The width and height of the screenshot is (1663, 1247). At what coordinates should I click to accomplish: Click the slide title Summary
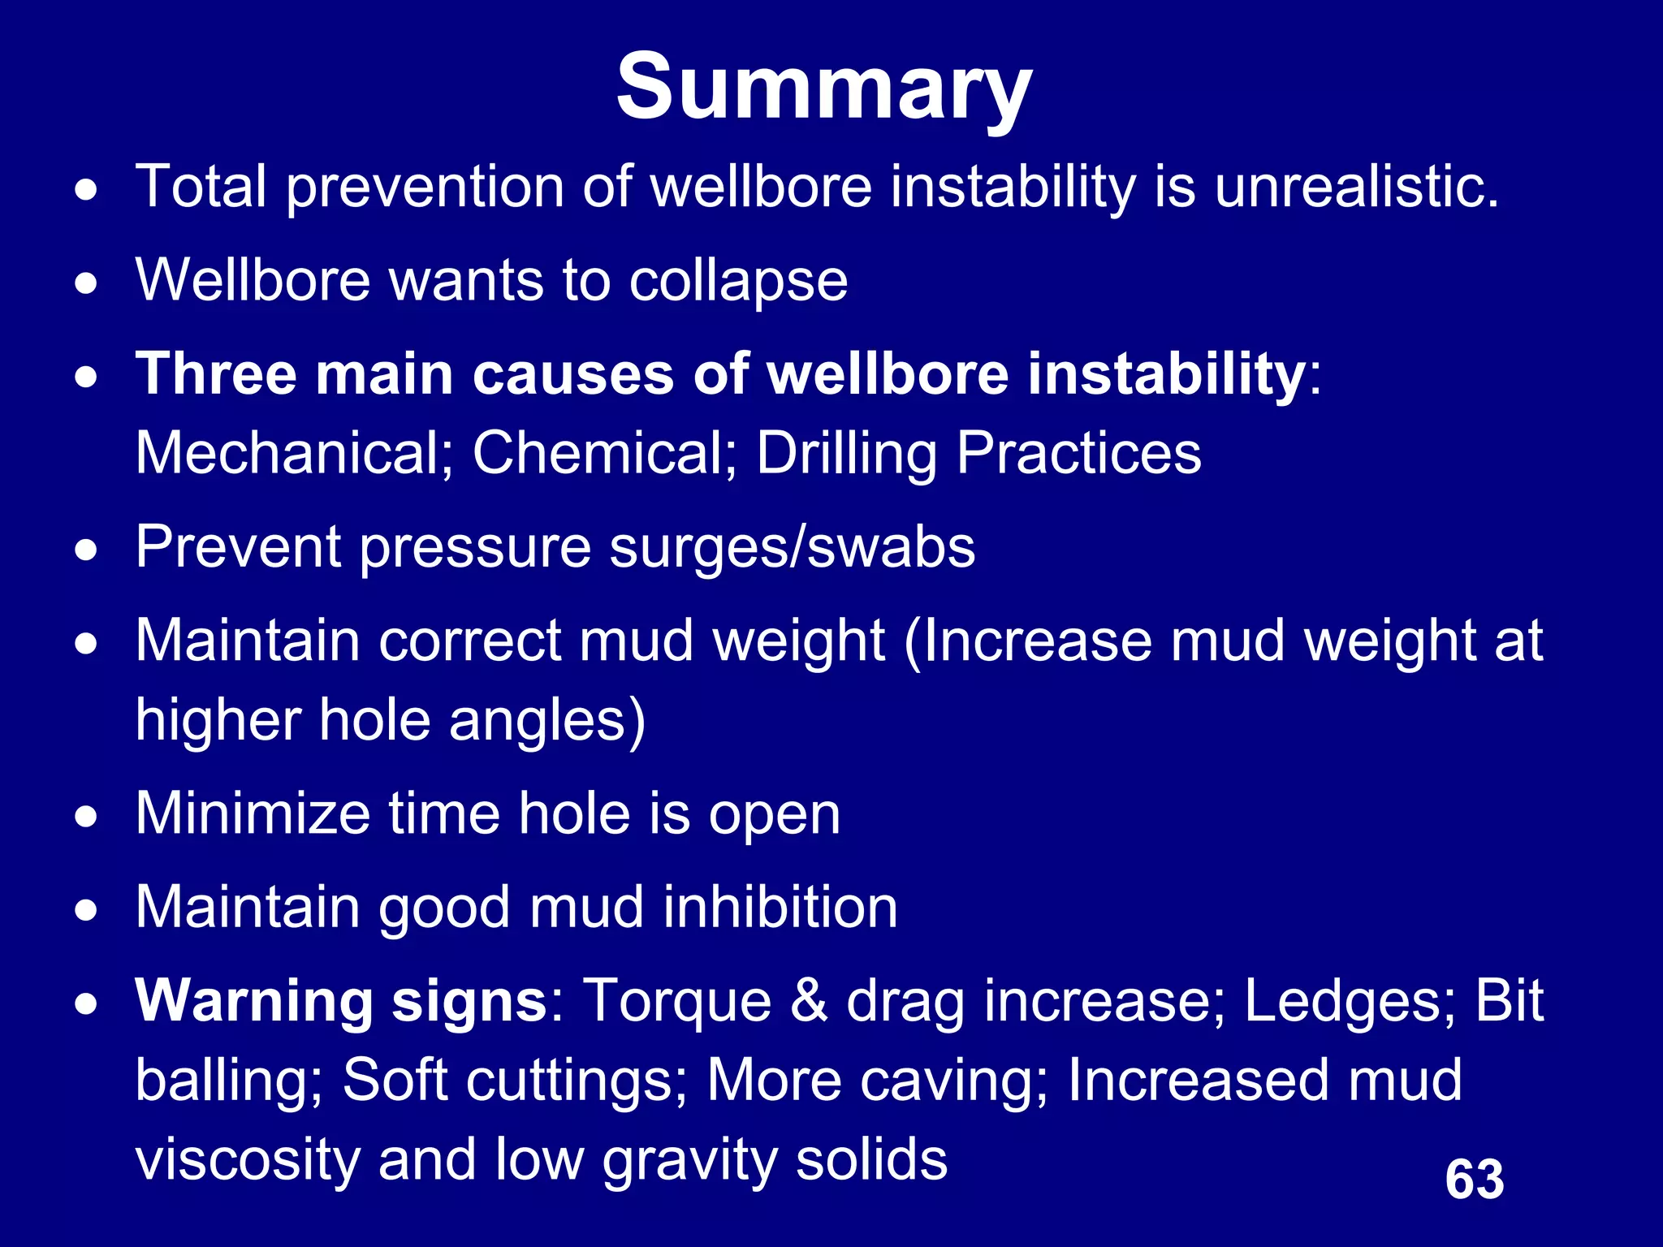[823, 88]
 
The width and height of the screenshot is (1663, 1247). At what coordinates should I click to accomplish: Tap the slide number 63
[1475, 1179]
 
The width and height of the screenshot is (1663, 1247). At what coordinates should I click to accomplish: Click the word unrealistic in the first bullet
[1356, 187]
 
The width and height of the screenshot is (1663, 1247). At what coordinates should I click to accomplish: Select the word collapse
[738, 281]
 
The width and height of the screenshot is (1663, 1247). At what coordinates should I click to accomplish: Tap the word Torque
[677, 1001]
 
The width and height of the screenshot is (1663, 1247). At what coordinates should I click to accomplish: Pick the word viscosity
[248, 1159]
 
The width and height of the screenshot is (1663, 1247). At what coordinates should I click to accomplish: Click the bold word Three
[216, 374]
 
